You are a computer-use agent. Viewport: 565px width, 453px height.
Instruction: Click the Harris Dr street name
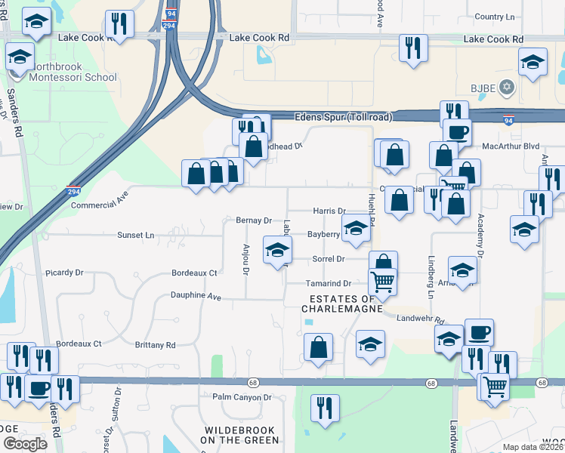coord(329,211)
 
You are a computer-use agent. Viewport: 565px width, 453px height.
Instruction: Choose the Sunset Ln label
coord(135,236)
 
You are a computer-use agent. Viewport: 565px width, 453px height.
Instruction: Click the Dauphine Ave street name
coord(196,296)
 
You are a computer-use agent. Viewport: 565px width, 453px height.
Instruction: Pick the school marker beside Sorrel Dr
coord(277,250)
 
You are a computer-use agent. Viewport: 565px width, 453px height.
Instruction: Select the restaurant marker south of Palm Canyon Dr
coord(325,408)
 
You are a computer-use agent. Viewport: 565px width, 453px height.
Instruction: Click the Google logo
coord(25,443)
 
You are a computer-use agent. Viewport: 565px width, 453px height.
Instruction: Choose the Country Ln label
coord(495,17)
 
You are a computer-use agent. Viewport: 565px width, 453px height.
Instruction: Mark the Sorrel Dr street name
coord(329,259)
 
